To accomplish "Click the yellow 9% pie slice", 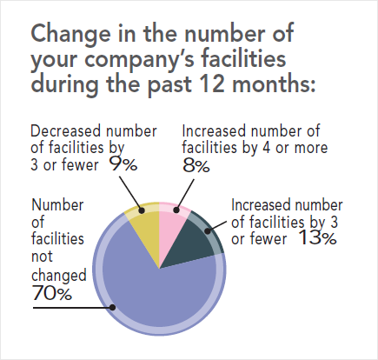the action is [x=146, y=229].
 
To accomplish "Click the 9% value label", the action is [x=123, y=164].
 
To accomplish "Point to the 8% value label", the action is [x=196, y=166].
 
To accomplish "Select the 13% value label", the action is [x=317, y=237].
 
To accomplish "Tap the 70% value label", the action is [x=52, y=293].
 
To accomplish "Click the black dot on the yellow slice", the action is [x=142, y=210].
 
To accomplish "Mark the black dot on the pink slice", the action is [x=176, y=210].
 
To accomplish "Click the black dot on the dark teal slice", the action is [x=208, y=231].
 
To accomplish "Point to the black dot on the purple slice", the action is [x=113, y=308].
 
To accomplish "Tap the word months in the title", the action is [x=274, y=84].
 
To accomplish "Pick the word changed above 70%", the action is [x=59, y=275].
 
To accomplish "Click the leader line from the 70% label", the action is [x=72, y=308].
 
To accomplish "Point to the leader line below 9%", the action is [x=130, y=194].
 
